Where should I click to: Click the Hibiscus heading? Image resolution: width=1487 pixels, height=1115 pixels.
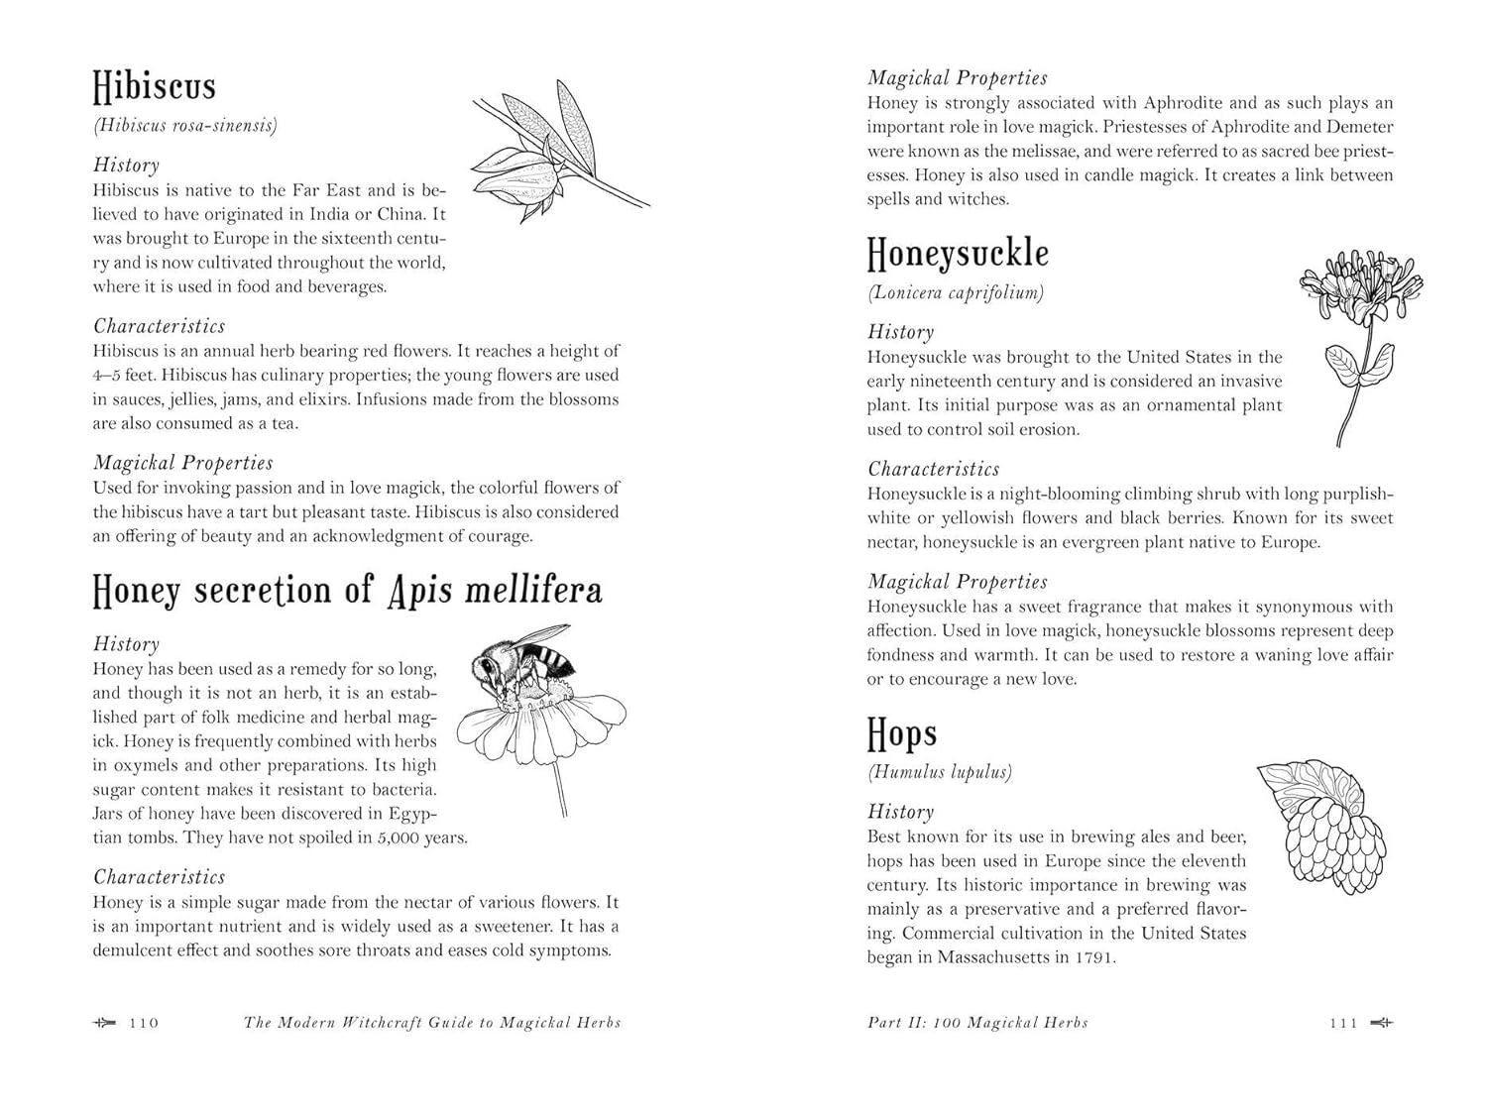tap(154, 86)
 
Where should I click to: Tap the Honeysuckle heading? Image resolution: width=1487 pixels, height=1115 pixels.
tap(958, 254)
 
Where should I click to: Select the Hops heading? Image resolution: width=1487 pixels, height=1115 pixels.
tap(901, 734)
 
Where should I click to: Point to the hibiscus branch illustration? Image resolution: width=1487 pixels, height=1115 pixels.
tap(556, 149)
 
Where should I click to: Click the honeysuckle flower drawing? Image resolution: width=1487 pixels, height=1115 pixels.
tap(1360, 286)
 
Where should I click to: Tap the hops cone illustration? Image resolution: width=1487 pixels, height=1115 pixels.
tap(1322, 826)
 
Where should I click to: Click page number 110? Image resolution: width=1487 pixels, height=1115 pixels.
tap(145, 1023)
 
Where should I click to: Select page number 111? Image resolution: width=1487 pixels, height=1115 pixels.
tap(1343, 1023)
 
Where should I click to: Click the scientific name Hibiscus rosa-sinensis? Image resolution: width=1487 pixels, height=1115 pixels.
tap(185, 125)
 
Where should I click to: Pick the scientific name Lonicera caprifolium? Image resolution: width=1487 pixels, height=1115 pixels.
tap(956, 292)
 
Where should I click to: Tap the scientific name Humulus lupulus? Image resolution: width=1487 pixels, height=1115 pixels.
tap(940, 772)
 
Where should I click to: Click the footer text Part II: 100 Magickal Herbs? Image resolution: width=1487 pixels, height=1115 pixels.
tap(977, 1023)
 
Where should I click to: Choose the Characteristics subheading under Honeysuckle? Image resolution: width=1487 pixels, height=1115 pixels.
tap(933, 469)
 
